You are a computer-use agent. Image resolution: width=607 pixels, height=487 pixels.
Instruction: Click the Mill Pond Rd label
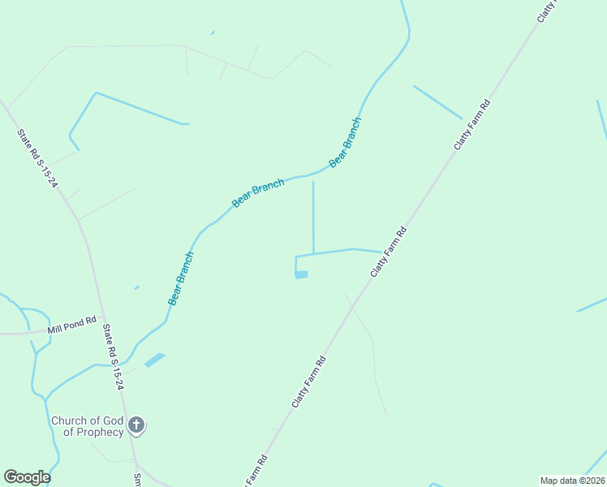click(x=71, y=325)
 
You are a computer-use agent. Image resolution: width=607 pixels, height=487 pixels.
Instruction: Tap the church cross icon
click(x=137, y=425)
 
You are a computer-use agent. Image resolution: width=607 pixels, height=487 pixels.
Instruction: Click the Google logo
click(x=27, y=477)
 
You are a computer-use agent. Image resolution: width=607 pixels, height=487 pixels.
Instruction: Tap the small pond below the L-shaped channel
click(x=301, y=275)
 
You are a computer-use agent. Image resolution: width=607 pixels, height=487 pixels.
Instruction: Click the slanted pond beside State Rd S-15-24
click(x=154, y=360)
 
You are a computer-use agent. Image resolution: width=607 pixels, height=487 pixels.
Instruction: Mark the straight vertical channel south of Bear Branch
click(x=313, y=215)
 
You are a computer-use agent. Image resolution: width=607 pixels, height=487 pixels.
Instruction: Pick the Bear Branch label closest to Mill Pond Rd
click(x=181, y=278)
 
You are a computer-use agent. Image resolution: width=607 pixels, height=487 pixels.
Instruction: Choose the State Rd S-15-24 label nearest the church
click(x=113, y=357)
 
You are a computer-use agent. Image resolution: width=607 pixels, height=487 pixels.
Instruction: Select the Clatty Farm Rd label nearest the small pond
click(x=388, y=252)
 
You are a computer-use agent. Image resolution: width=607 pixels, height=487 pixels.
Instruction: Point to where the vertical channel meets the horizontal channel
click(x=314, y=253)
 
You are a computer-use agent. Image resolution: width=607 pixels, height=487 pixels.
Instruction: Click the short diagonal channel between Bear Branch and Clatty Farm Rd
click(x=437, y=102)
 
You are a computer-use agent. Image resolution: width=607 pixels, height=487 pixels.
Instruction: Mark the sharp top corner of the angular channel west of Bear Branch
click(x=96, y=93)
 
